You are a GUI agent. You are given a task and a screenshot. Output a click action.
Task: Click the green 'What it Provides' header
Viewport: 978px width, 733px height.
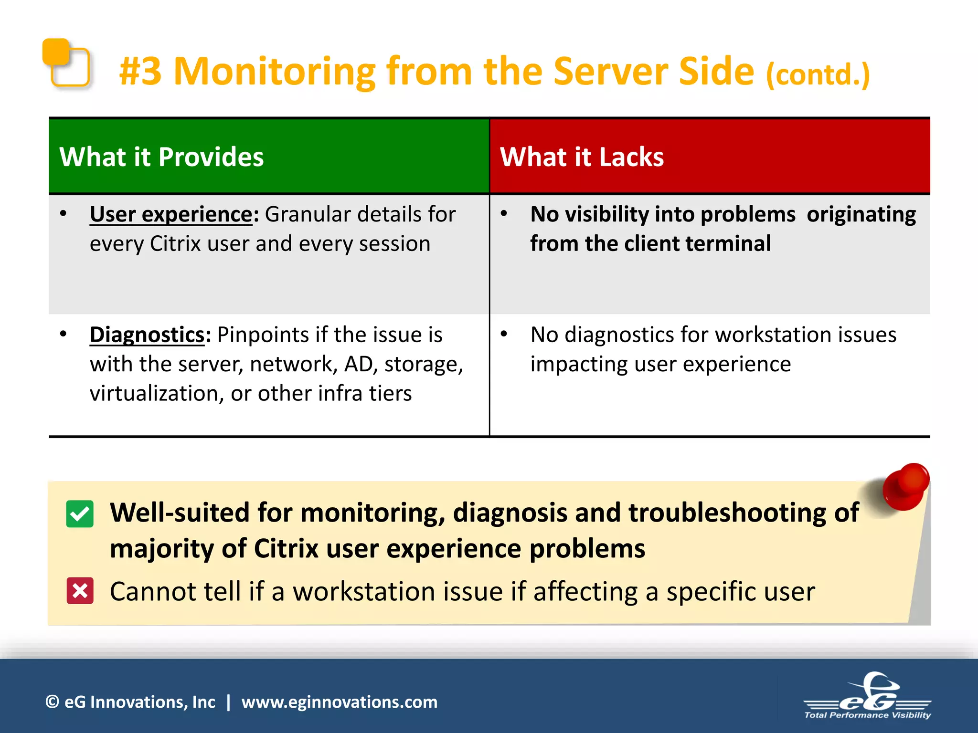(x=269, y=157)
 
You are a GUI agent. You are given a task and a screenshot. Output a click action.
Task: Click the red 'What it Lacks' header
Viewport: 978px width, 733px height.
(x=710, y=157)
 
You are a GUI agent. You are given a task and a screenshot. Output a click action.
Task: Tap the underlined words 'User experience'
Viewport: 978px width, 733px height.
(x=171, y=214)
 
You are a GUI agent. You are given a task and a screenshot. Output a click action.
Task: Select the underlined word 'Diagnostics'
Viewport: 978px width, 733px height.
(x=147, y=335)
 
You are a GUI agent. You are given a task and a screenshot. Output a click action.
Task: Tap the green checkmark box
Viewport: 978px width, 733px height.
(x=80, y=514)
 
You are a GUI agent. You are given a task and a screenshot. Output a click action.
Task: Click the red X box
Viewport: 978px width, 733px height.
(x=80, y=591)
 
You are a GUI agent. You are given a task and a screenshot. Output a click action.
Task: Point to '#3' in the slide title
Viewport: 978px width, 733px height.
(x=140, y=72)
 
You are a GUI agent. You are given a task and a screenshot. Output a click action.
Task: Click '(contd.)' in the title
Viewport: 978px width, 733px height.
(x=818, y=75)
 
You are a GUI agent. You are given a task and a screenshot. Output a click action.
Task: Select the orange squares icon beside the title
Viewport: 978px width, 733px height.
(x=66, y=63)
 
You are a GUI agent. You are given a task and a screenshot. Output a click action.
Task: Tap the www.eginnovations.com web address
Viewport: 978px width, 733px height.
(x=339, y=702)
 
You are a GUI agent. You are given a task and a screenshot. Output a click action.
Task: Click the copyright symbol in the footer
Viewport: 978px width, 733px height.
(x=52, y=702)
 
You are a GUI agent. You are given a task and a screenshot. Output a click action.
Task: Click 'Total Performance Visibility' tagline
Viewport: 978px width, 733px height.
(x=867, y=715)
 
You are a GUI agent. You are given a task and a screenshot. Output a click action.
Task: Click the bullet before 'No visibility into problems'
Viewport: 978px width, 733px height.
(x=504, y=214)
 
